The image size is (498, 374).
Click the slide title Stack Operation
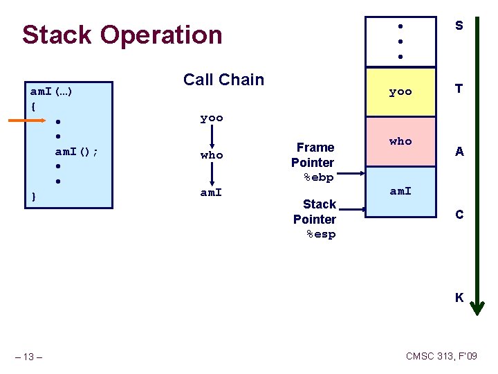click(x=122, y=35)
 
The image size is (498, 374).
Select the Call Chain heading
click(x=223, y=80)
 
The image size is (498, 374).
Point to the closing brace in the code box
click(x=34, y=197)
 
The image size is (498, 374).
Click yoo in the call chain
click(x=212, y=118)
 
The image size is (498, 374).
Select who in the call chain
click(x=212, y=155)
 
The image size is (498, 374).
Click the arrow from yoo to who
click(x=212, y=136)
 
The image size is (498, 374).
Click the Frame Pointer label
click(x=314, y=155)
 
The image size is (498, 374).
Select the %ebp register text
click(x=319, y=177)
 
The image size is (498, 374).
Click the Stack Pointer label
click(x=315, y=212)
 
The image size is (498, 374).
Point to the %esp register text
click(x=321, y=234)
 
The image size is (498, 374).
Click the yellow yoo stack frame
click(x=400, y=91)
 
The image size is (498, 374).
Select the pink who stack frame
click(x=400, y=141)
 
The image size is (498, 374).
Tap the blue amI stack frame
click(x=400, y=191)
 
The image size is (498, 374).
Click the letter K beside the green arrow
click(x=459, y=298)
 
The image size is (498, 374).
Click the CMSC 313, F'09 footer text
click(x=441, y=356)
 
